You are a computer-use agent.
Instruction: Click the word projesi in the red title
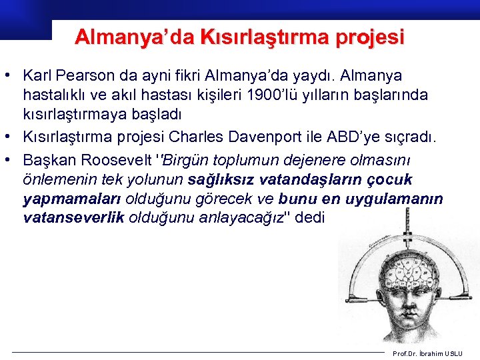pos(371,37)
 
